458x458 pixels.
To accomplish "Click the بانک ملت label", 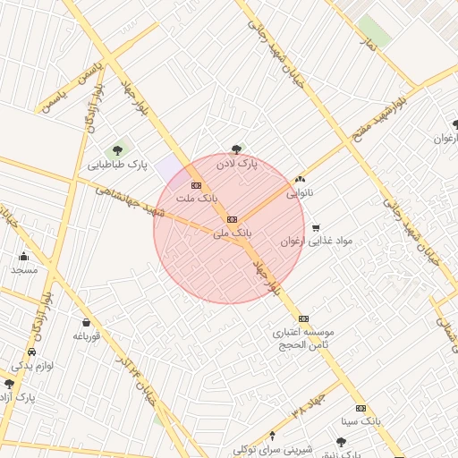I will pyautogui.click(x=196, y=197).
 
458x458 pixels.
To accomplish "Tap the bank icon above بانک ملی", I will pyautogui.click(x=232, y=219).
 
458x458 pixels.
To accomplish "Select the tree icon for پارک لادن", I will pyautogui.click(x=236, y=150).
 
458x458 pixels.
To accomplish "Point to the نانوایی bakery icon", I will pyautogui.click(x=299, y=179).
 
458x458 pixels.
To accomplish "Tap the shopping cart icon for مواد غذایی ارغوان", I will pyautogui.click(x=315, y=228).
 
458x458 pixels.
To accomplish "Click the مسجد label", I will pyautogui.click(x=23, y=269).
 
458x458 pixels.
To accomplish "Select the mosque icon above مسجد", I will pyautogui.click(x=23, y=257).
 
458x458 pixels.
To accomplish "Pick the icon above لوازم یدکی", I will pyautogui.click(x=33, y=352).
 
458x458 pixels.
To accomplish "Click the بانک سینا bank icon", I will pyautogui.click(x=360, y=407).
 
